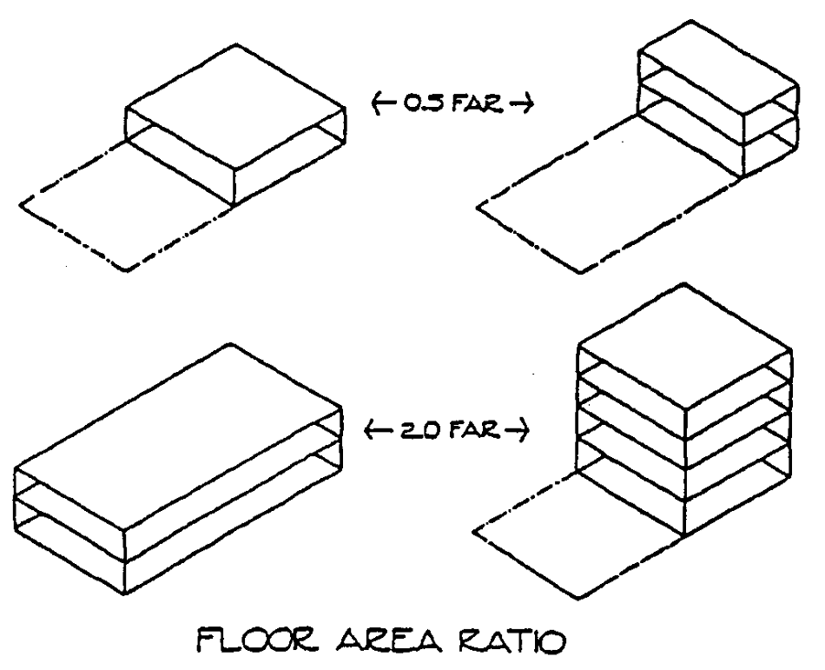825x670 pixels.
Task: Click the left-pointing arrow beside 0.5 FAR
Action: (376, 105)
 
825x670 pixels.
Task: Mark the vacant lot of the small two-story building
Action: (608, 204)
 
